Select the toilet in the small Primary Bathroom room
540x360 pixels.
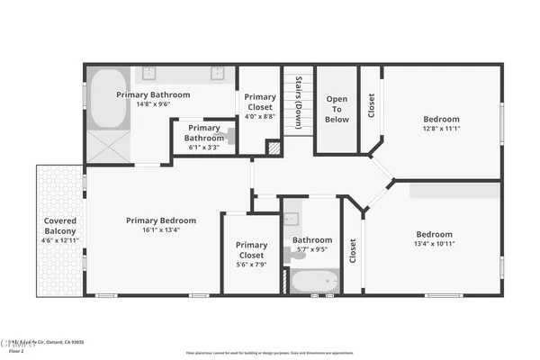coord(231,137)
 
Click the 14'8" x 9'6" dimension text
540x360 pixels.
coord(153,104)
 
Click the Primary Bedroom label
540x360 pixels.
coord(161,220)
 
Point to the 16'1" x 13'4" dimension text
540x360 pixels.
coord(161,229)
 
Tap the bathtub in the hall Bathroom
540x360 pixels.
coord(314,281)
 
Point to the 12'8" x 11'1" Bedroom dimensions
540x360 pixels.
coord(441,129)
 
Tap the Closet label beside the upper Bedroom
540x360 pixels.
coord(370,105)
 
